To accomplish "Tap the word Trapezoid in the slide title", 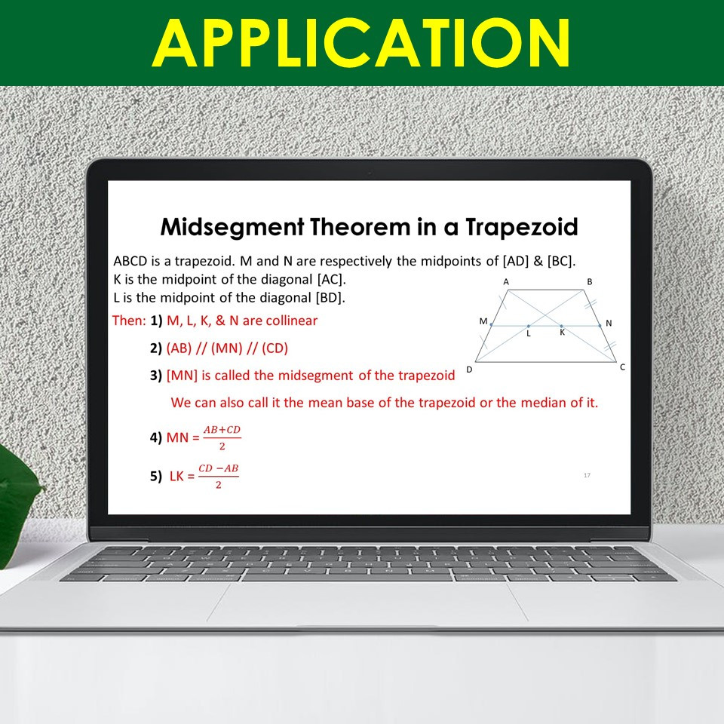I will coord(522,226).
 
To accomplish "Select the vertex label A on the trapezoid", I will coord(505,281).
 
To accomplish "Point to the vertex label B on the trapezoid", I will coord(590,281).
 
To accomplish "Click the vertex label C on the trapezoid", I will coord(622,367).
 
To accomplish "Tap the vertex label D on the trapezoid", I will coord(469,369).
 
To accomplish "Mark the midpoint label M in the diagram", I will coord(483,321).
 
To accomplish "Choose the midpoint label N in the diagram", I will coord(609,323).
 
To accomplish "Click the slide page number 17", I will coord(587,475).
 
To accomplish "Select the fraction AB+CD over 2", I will coord(222,437).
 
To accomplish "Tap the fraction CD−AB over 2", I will coord(218,477).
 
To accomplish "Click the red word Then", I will coord(128,321).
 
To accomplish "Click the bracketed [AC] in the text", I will coord(331,279).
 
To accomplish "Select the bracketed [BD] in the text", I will coord(330,297).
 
